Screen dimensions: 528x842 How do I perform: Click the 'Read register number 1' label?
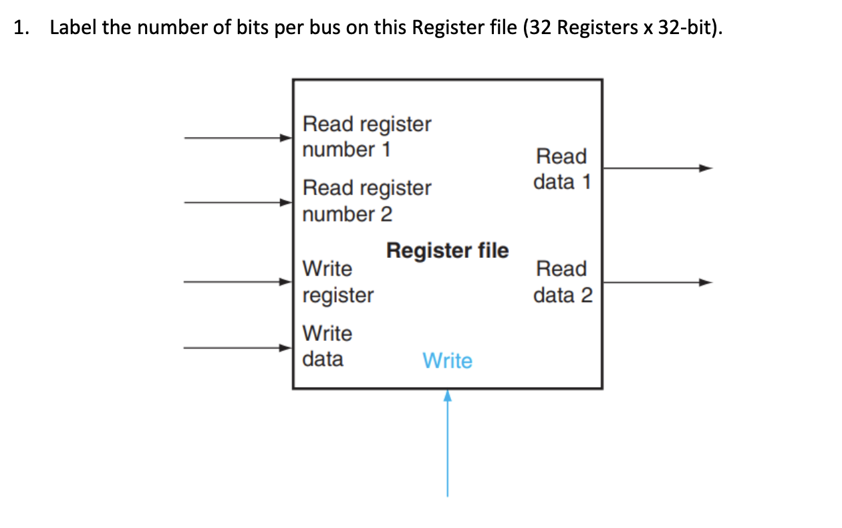pyautogui.click(x=367, y=137)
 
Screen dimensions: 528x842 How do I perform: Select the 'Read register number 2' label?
pyautogui.click(x=367, y=201)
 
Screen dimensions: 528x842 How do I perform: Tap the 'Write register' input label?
pyautogui.click(x=337, y=281)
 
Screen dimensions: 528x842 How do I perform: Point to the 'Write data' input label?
pyautogui.click(x=327, y=346)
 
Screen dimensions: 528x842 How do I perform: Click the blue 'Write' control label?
pyautogui.click(x=447, y=361)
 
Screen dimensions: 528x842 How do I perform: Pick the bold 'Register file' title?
pyautogui.click(x=447, y=251)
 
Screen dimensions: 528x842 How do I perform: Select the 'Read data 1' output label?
pyautogui.click(x=562, y=169)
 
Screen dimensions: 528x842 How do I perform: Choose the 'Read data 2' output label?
pyautogui.click(x=562, y=281)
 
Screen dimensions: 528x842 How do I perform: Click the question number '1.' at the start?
pyautogui.click(x=22, y=29)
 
